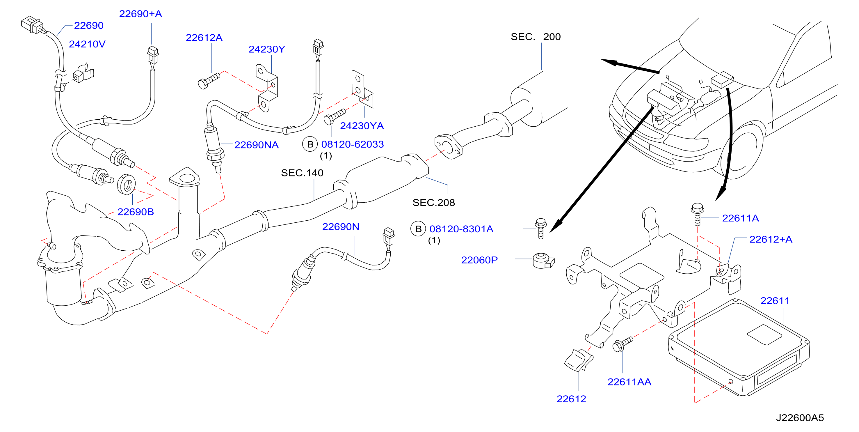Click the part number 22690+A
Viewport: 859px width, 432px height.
pyautogui.click(x=141, y=14)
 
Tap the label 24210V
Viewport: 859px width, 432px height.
pyautogui.click(x=87, y=44)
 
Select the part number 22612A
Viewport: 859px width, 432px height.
pyautogui.click(x=204, y=38)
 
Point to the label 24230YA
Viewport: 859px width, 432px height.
pyautogui.click(x=362, y=126)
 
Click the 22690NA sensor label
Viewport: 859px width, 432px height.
pyautogui.click(x=257, y=145)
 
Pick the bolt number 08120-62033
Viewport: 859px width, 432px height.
pyautogui.click(x=353, y=144)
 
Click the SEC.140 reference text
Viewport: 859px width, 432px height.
pyautogui.click(x=302, y=173)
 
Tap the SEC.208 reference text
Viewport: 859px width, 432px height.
pyautogui.click(x=433, y=203)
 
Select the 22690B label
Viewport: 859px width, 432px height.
pyautogui.click(x=135, y=212)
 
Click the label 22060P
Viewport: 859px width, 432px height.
pyautogui.click(x=479, y=260)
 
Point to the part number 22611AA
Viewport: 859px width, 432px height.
pyautogui.click(x=629, y=382)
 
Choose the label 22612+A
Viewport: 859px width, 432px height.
pyautogui.click(x=771, y=239)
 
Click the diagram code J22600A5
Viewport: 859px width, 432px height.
pyautogui.click(x=800, y=418)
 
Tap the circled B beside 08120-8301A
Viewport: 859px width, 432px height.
pyautogui.click(x=418, y=229)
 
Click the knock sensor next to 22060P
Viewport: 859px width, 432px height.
pyautogui.click(x=543, y=261)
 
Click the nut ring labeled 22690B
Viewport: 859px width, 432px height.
pyautogui.click(x=126, y=184)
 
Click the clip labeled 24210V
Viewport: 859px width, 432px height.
pyautogui.click(x=83, y=73)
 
